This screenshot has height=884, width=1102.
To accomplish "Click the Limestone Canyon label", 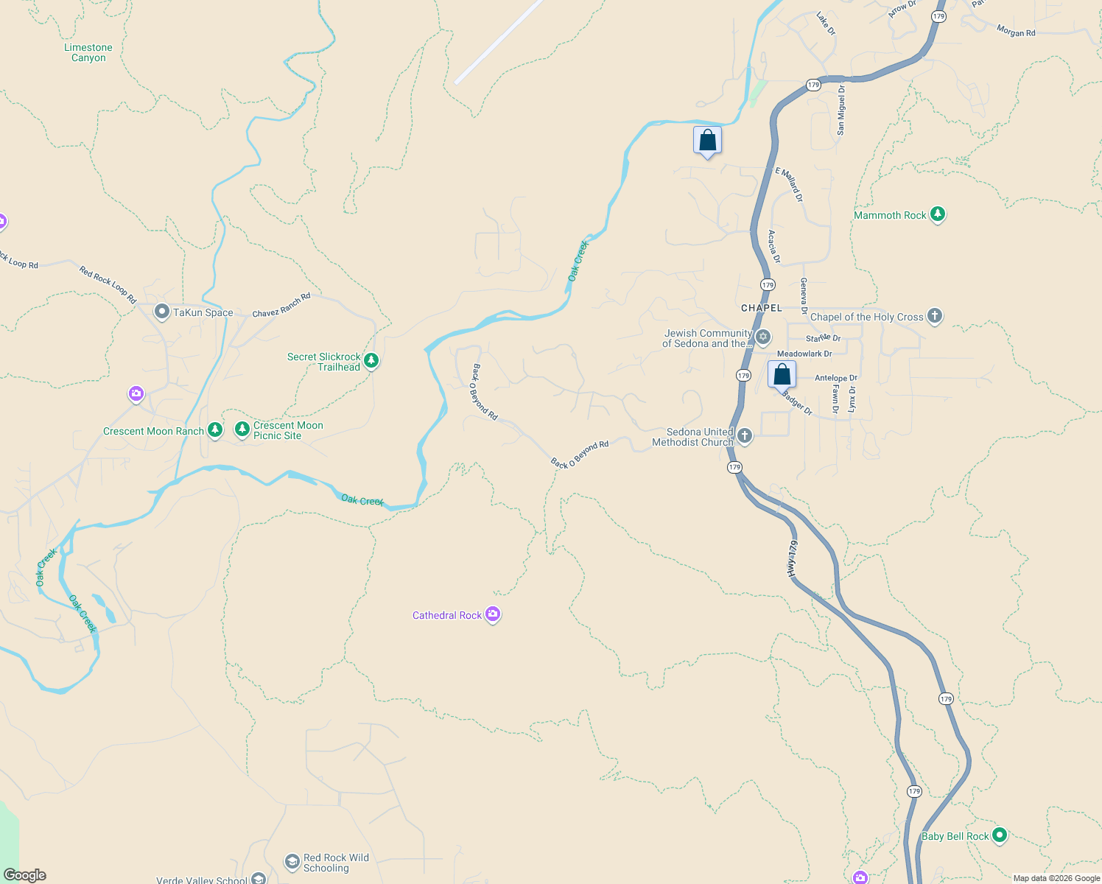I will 88,53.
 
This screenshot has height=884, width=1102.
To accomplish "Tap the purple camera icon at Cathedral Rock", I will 493,614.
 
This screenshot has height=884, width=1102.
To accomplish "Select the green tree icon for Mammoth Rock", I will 937,214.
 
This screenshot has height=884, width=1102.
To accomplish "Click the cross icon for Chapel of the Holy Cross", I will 934,316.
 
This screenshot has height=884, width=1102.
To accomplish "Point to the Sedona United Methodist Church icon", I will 745,436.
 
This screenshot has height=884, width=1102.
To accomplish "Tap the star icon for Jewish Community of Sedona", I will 763,337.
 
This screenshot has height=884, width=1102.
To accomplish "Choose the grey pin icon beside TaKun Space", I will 161,312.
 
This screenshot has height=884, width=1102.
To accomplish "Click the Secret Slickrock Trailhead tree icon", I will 371,361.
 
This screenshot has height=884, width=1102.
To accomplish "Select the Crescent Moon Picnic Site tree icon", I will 242,429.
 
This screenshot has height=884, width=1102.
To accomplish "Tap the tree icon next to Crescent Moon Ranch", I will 214,430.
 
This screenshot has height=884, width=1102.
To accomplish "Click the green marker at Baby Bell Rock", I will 999,835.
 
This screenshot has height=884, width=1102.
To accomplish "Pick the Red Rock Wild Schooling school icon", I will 292,861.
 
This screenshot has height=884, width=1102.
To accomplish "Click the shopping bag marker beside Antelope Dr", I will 782,375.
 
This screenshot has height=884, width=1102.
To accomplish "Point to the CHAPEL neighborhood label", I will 762,308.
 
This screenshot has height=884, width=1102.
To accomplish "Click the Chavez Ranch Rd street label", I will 281,306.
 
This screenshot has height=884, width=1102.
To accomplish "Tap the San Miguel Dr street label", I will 840,110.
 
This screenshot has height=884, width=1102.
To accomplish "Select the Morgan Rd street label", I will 1016,32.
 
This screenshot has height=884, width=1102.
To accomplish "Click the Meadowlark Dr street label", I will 804,354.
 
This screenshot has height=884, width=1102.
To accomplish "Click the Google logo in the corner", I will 25,875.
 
